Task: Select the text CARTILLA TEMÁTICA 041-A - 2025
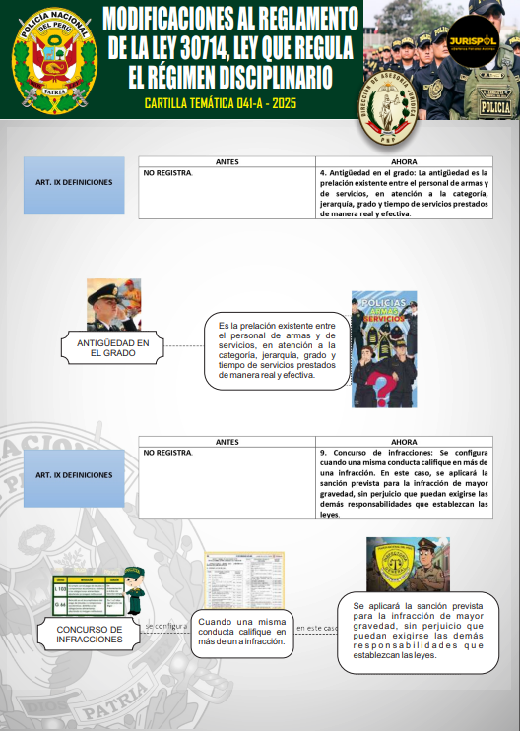(220, 103)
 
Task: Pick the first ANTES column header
(227, 161)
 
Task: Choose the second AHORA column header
(404, 442)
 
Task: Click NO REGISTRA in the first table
(168, 173)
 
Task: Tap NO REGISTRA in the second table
(168, 453)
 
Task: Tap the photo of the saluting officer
(114, 305)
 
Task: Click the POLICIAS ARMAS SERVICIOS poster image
(384, 348)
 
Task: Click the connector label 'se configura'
(165, 626)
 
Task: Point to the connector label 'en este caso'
(316, 627)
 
